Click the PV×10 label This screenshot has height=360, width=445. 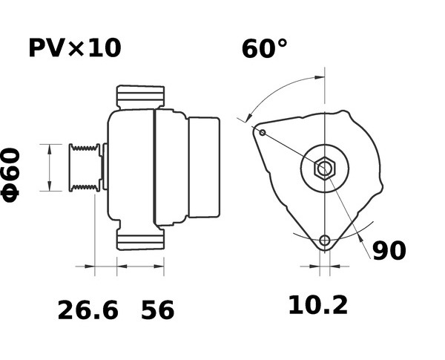[x=75, y=48]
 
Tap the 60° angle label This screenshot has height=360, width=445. [x=264, y=48]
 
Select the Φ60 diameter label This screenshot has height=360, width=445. [x=10, y=174]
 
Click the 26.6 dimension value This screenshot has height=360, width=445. [x=88, y=310]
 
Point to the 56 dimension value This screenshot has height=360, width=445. [x=157, y=310]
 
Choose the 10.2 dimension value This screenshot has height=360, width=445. [x=318, y=306]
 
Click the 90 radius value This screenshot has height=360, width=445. [x=389, y=251]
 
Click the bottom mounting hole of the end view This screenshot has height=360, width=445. [x=325, y=240]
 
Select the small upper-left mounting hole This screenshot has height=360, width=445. [x=263, y=132]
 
